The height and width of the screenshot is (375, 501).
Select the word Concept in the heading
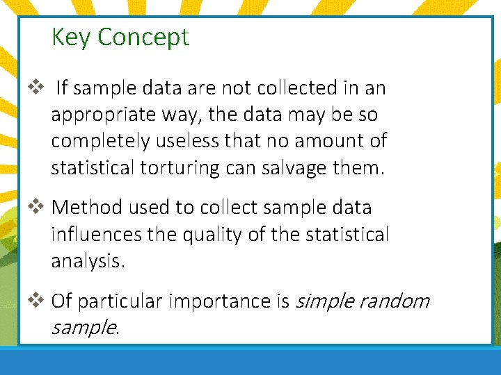[x=143, y=37]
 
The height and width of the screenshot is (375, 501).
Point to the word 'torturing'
[x=184, y=167]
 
